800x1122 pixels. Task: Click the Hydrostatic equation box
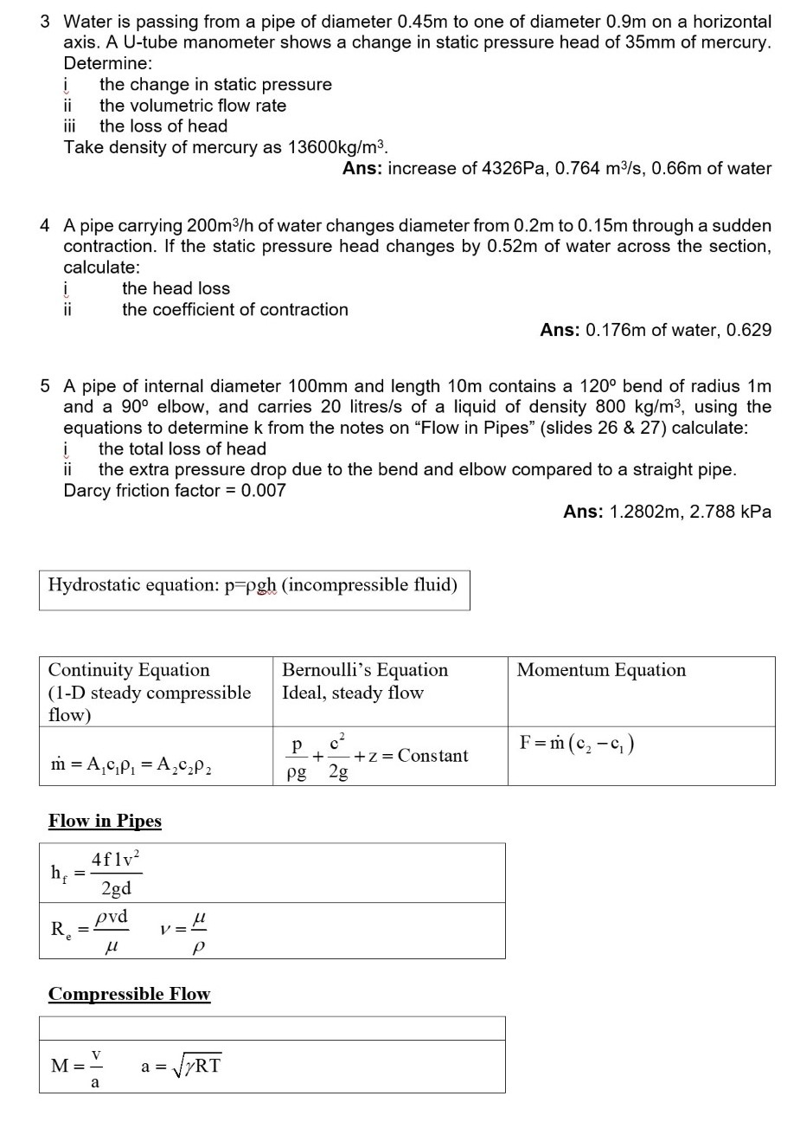point(253,586)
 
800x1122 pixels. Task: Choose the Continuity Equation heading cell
point(149,692)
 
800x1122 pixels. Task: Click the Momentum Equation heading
point(601,670)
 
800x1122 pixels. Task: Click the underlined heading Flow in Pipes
point(105,821)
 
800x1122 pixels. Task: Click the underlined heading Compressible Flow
point(129,994)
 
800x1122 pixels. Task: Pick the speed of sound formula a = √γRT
point(181,1066)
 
